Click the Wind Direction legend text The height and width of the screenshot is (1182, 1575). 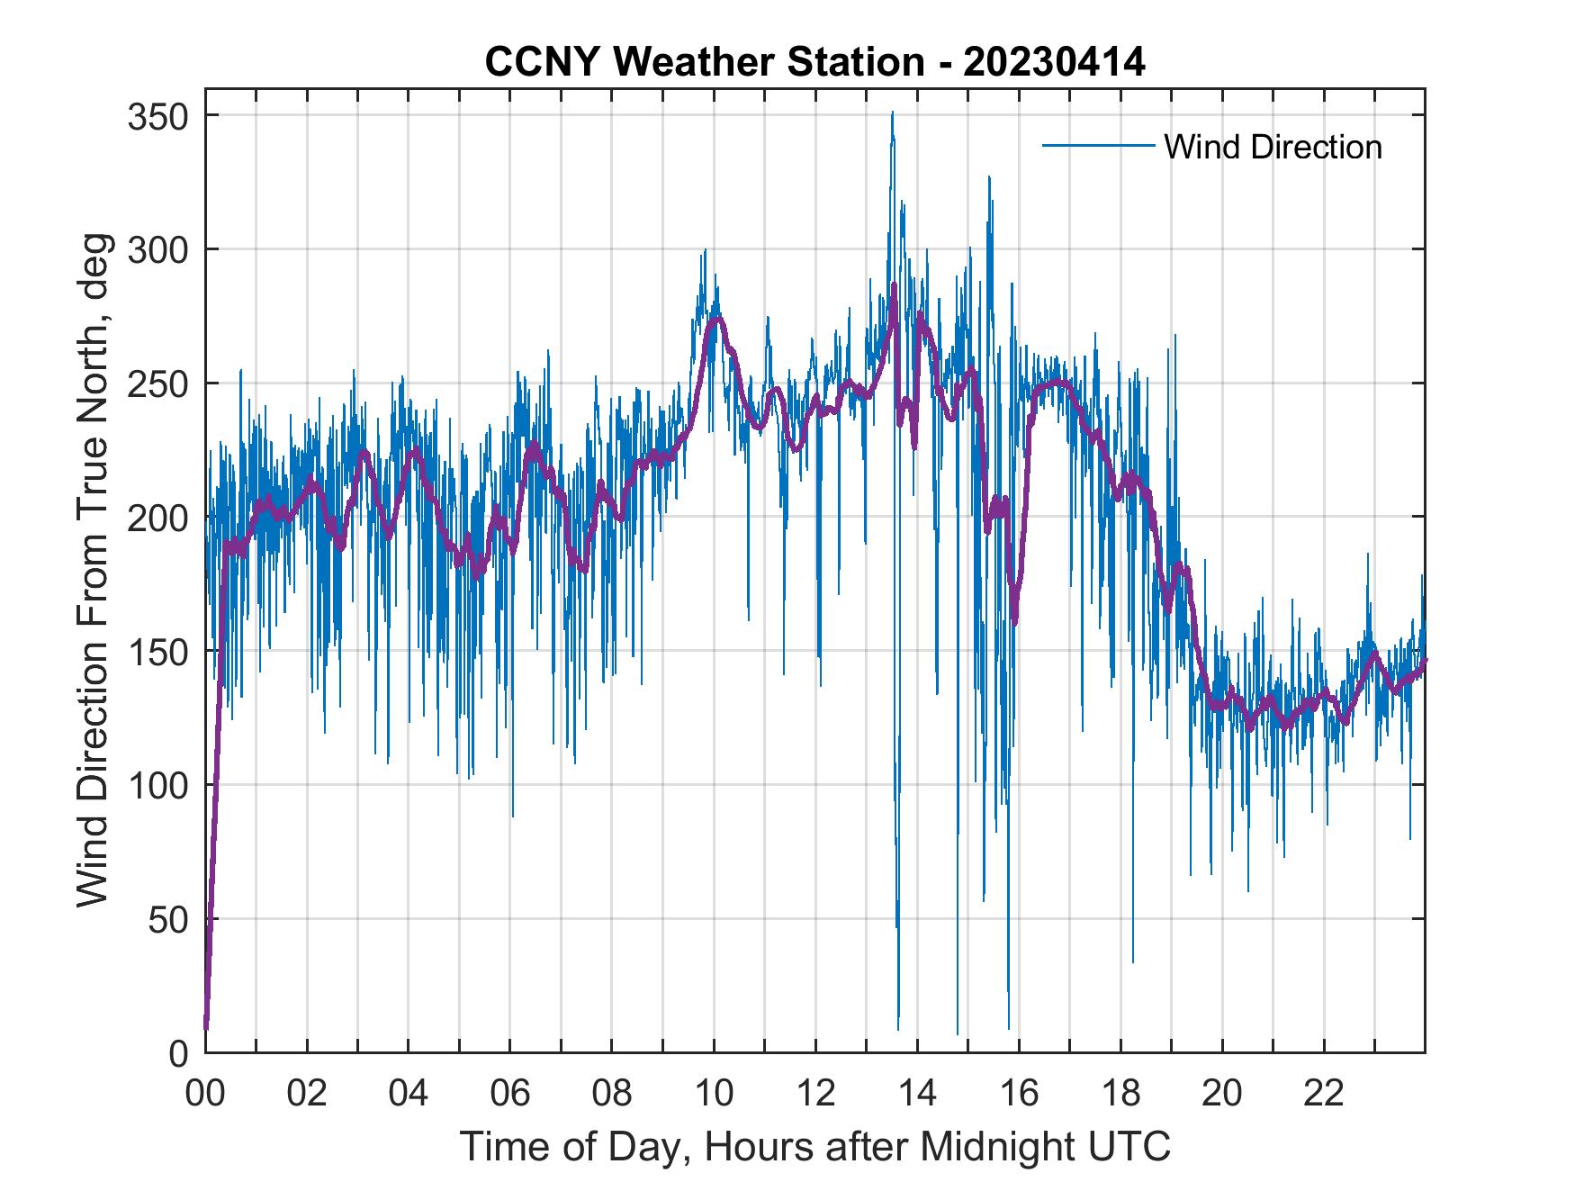point(1273,147)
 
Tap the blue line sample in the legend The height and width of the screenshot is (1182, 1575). point(1097,146)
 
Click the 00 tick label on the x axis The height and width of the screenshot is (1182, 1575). point(205,1094)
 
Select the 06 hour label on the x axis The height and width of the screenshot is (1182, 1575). point(510,1094)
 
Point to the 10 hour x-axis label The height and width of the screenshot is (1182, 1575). point(714,1094)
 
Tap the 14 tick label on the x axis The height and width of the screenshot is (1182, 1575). point(917,1094)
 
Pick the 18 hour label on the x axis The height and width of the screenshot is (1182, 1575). point(1120,1094)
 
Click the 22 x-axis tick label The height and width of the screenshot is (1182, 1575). point(1324,1094)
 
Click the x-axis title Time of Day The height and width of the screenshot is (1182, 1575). point(815,1146)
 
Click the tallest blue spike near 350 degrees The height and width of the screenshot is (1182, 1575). point(892,115)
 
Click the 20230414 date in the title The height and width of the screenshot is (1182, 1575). point(1054,63)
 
